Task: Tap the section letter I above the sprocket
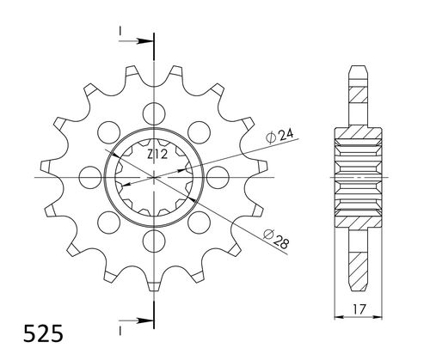coord(121,32)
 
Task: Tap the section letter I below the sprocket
coord(121,327)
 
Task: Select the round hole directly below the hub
coord(154,240)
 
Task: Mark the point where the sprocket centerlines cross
coord(154,176)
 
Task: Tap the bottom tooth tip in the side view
coord(360,285)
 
